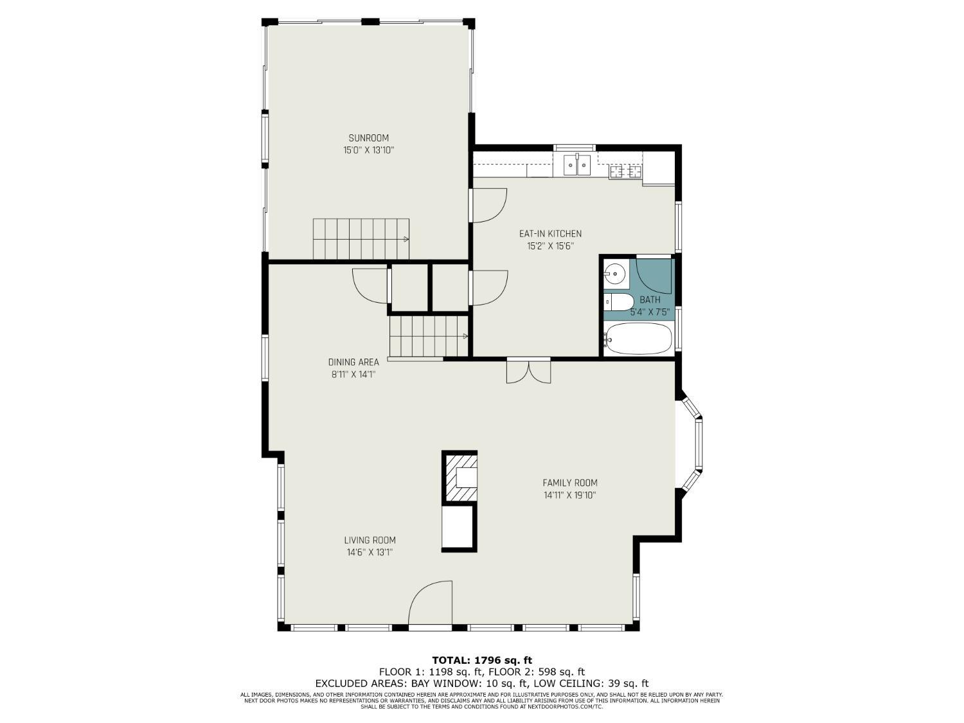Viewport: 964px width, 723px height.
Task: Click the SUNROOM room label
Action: click(x=368, y=138)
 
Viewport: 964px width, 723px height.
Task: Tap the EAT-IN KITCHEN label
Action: click(x=550, y=233)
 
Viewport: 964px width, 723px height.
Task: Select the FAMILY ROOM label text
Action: click(x=570, y=483)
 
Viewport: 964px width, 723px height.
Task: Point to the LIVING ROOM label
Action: click(x=370, y=540)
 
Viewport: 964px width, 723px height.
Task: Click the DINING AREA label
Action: click(x=353, y=362)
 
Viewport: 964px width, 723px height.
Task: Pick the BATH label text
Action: click(x=650, y=300)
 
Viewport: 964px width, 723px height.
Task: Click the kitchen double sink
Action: click(x=578, y=165)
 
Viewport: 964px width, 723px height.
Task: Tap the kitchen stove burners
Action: click(x=625, y=171)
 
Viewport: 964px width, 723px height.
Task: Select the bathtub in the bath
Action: click(x=638, y=339)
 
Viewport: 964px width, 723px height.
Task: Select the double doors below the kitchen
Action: click(x=528, y=371)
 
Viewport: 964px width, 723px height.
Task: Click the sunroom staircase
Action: click(x=361, y=239)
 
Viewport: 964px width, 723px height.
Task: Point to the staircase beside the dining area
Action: click(x=429, y=336)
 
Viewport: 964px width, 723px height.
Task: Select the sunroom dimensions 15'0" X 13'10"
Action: click(x=369, y=150)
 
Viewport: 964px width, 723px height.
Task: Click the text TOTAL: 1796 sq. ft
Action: click(x=482, y=660)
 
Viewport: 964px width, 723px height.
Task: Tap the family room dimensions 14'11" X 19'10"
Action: click(x=570, y=495)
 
